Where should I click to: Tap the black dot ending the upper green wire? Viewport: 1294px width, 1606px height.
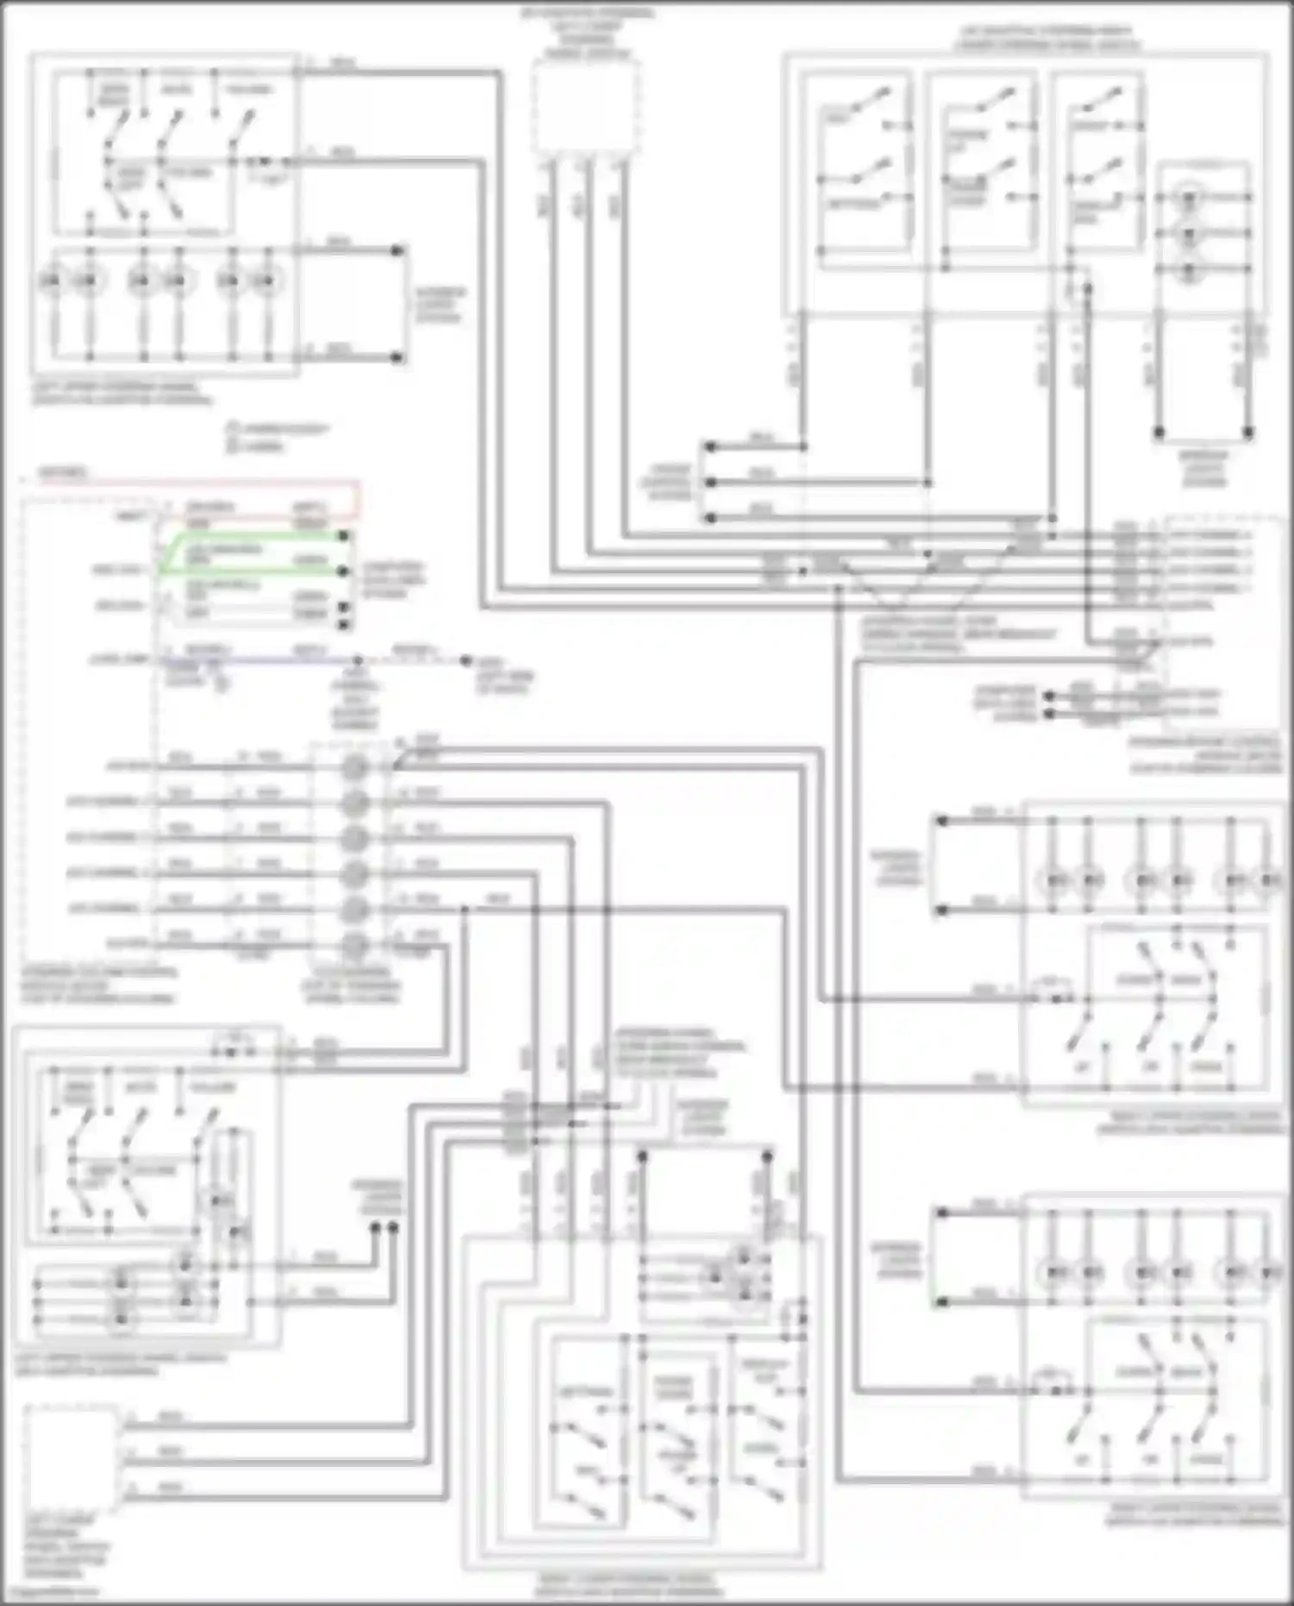tap(343, 537)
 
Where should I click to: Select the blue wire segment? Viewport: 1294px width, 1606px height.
tap(259, 661)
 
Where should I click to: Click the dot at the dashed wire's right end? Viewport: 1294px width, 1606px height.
tap(466, 661)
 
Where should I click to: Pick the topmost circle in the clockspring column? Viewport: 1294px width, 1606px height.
tap(354, 767)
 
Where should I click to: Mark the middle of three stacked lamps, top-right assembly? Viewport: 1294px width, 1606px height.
tap(1189, 235)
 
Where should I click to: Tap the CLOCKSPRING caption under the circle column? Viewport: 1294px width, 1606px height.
tap(352, 986)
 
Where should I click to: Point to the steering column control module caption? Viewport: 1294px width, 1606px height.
tap(99, 985)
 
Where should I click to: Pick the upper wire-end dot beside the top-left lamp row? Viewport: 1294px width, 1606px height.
tap(397, 251)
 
